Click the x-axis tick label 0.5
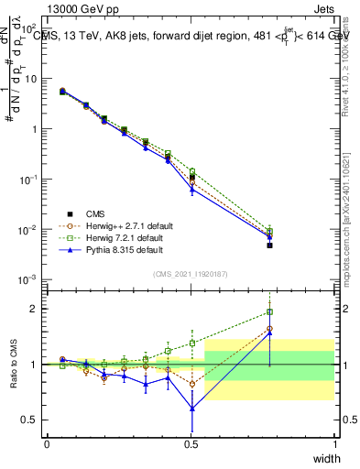tap(191, 445)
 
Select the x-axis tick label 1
tap(334, 445)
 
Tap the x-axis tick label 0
tap(47, 445)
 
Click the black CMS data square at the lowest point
tap(269, 245)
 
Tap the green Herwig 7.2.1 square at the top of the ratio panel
tap(269, 311)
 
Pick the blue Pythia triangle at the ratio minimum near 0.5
tap(191, 409)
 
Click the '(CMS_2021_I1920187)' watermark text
tap(191, 273)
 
